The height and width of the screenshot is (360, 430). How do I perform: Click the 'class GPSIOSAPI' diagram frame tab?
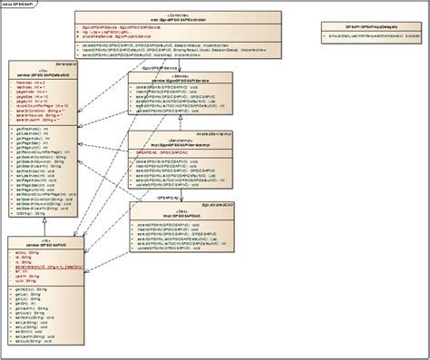[20, 5]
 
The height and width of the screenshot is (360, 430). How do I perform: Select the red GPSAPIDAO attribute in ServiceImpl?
[154, 154]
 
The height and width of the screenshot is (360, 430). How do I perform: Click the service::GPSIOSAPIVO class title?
[40, 220]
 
